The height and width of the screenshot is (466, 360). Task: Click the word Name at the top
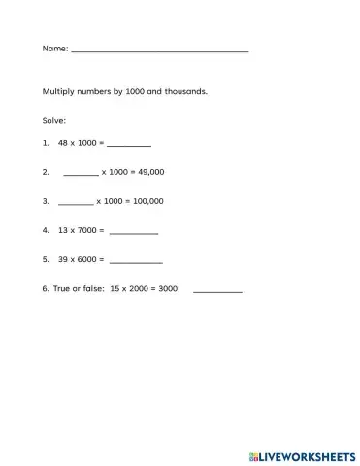click(x=53, y=48)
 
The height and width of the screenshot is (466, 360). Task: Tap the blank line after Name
click(x=159, y=50)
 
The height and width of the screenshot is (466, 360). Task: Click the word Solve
click(x=53, y=121)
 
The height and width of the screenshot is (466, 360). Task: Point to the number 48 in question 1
click(x=64, y=143)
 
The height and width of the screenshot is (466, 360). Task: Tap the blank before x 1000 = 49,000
click(x=81, y=174)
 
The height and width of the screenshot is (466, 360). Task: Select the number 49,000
click(x=151, y=172)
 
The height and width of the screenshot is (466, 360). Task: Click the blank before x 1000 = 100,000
click(x=76, y=204)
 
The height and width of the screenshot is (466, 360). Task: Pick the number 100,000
click(x=148, y=202)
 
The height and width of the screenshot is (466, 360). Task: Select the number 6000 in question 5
click(x=87, y=261)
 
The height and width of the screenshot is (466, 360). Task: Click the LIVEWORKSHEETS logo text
click(x=305, y=454)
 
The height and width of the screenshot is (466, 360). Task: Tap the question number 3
click(x=46, y=202)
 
